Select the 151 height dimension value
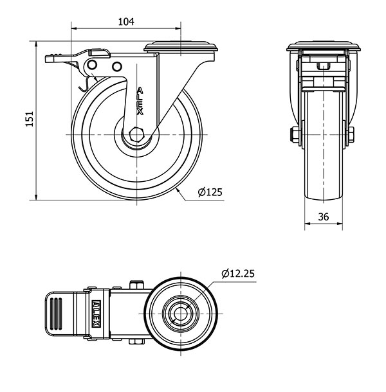(x=28, y=120)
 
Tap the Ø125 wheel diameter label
(x=210, y=192)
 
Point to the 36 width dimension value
(x=324, y=217)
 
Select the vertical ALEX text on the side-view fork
(x=141, y=102)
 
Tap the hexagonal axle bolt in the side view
(x=137, y=134)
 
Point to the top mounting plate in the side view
(x=183, y=47)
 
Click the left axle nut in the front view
(x=293, y=135)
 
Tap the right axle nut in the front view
(x=353, y=135)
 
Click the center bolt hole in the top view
(x=178, y=314)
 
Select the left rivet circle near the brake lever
(x=93, y=66)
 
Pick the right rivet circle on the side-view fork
(x=116, y=67)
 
